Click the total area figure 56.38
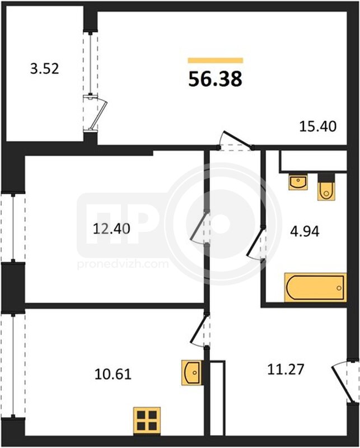(x=215, y=79)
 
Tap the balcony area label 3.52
(x=45, y=69)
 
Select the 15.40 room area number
(x=317, y=127)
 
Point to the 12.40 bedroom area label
(x=111, y=229)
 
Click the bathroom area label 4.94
(x=305, y=231)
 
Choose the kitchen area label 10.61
(x=113, y=374)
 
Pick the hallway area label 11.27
(x=286, y=369)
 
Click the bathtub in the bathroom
(x=315, y=287)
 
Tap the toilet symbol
(x=326, y=187)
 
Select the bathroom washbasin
(x=298, y=181)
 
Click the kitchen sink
(x=192, y=372)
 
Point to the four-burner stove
(x=147, y=422)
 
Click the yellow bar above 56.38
(x=215, y=60)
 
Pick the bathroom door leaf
(x=256, y=241)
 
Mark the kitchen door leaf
(x=198, y=329)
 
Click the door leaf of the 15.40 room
(x=238, y=139)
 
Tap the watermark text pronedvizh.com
(x=123, y=263)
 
